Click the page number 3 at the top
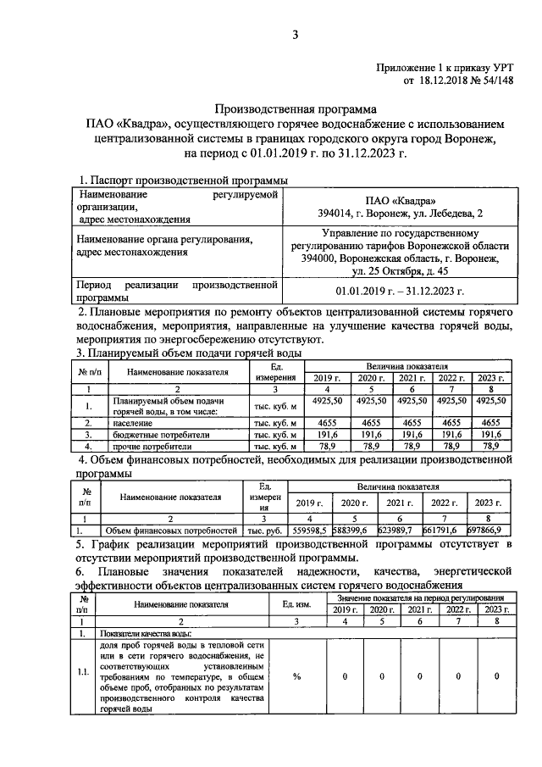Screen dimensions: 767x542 click(296, 34)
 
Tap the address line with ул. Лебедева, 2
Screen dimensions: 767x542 click(400, 213)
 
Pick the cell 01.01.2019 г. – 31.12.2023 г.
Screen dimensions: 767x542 click(400, 291)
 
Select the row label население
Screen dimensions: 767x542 click(132, 420)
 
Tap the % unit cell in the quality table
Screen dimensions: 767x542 click(297, 676)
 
